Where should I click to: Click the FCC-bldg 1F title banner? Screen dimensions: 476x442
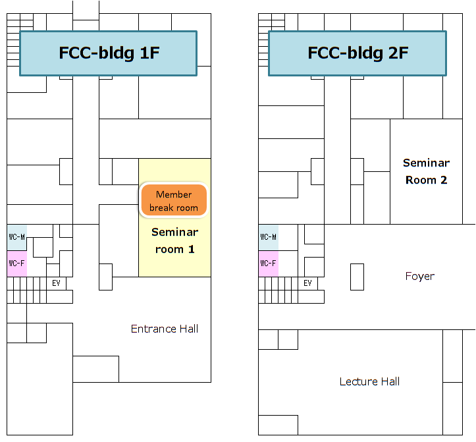pos(109,53)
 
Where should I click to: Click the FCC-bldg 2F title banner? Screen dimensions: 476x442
pos(357,53)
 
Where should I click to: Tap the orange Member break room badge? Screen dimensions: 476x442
pos(174,200)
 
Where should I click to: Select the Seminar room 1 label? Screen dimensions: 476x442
pos(175,240)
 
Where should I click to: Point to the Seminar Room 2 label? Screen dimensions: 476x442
pos(426,171)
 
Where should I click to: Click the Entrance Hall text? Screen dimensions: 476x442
pos(165,329)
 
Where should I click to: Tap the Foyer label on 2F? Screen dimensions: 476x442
pos(420,276)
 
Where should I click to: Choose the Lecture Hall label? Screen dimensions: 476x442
pos(369,381)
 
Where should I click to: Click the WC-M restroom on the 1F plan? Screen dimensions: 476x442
pos(17,237)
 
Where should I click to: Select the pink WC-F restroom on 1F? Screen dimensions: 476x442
pos(17,263)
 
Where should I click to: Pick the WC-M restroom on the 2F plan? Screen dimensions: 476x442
pos(269,237)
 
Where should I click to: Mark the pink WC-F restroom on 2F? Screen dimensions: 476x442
pos(269,263)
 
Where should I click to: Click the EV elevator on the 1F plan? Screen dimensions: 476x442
pos(56,283)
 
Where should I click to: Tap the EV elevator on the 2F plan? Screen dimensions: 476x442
pos(308,283)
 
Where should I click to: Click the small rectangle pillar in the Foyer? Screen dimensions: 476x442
pos(357,277)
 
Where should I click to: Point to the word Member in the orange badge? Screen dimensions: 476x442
pos(174,194)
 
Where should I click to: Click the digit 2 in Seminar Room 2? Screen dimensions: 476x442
pos(444,180)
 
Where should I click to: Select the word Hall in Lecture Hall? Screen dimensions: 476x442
pos(390,381)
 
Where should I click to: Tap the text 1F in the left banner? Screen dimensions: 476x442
pos(149,53)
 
